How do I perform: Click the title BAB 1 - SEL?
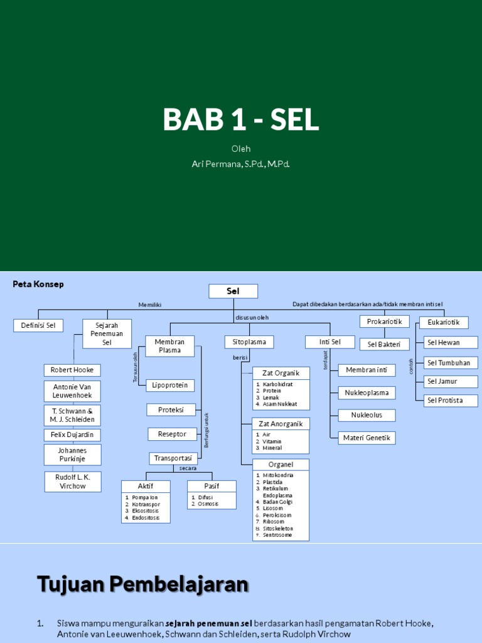[241, 119]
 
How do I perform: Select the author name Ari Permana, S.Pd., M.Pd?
[241, 164]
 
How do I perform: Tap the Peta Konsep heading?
[38, 284]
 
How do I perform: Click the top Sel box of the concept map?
[233, 291]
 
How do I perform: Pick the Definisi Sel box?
[38, 325]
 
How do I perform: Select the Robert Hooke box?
[72, 370]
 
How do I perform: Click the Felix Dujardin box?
[72, 435]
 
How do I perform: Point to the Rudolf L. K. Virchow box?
[73, 482]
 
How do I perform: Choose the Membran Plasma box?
[170, 346]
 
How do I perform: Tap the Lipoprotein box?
[169, 386]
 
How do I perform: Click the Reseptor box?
[172, 434]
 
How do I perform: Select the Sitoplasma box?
[249, 342]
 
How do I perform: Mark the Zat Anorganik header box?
[281, 424]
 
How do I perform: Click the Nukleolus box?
[367, 415]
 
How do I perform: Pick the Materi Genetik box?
[367, 438]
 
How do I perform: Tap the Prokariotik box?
[384, 321]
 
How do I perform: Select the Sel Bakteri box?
[384, 344]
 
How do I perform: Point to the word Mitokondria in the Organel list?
[278, 475]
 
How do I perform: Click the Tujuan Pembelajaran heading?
[143, 584]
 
